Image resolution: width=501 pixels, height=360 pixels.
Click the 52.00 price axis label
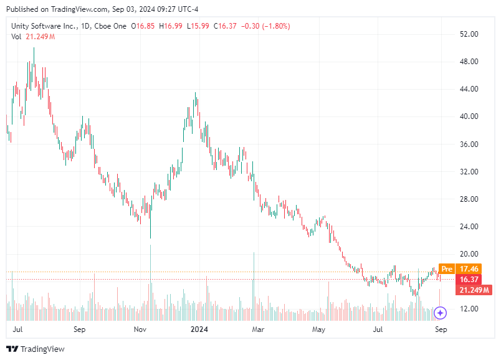tap(468, 34)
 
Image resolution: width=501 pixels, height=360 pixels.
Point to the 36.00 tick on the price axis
tap(468, 144)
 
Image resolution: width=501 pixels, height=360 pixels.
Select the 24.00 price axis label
tap(468, 227)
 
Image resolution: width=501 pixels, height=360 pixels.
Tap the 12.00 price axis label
tap(468, 309)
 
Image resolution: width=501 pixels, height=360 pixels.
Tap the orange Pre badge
tap(446, 269)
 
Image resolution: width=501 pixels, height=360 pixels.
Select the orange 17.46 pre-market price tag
tap(468, 269)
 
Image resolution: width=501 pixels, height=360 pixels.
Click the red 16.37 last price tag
tap(468, 280)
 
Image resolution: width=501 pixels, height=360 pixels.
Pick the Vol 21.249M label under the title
tap(33, 37)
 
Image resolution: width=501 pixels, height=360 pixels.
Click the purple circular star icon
tap(441, 313)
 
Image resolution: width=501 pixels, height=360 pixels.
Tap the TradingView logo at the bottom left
tap(36, 349)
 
